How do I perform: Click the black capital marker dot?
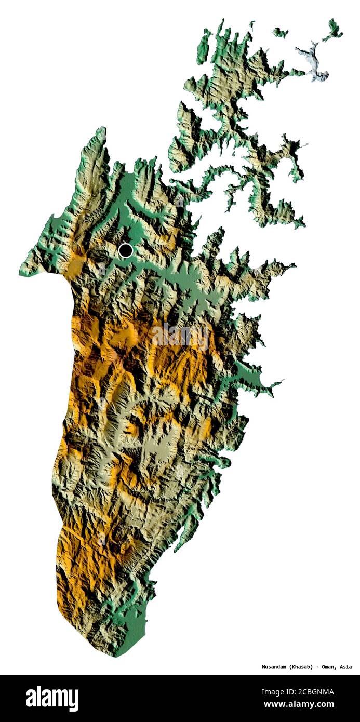click(x=125, y=250)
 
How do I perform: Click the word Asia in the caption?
click(x=345, y=667)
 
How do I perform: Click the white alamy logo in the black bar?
click(x=52, y=698)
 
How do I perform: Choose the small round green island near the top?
click(x=281, y=33)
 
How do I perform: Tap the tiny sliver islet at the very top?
click(x=252, y=25)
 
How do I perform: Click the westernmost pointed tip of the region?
click(x=21, y=272)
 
